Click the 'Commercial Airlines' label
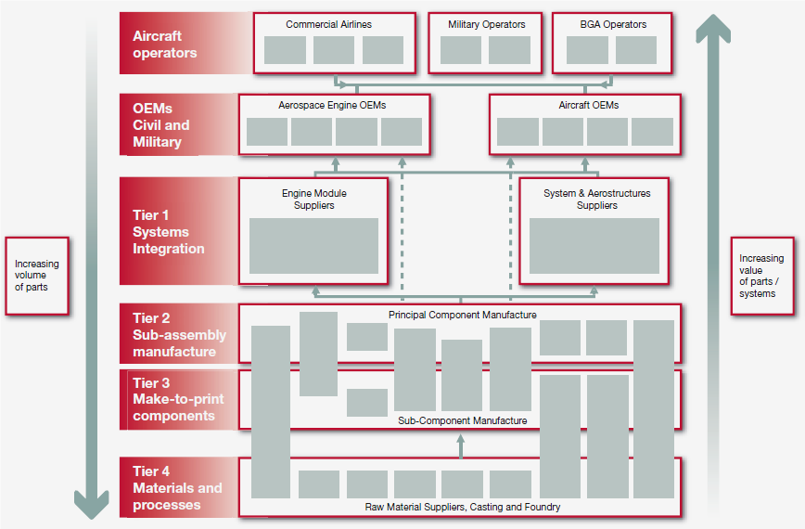[x=328, y=24]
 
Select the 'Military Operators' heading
[x=486, y=24]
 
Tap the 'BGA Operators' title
[x=612, y=24]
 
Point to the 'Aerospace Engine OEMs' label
[x=332, y=106]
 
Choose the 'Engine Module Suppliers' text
[x=313, y=200]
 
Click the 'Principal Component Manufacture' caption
[x=462, y=316]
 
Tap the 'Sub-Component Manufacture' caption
[x=462, y=420]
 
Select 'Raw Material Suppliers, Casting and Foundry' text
[x=463, y=507]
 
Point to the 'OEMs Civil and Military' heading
[x=161, y=125]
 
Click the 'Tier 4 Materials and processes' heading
[x=177, y=488]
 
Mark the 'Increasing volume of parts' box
[x=37, y=276]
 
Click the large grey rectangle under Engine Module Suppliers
[x=313, y=246]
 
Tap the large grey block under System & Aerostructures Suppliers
[x=594, y=246]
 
